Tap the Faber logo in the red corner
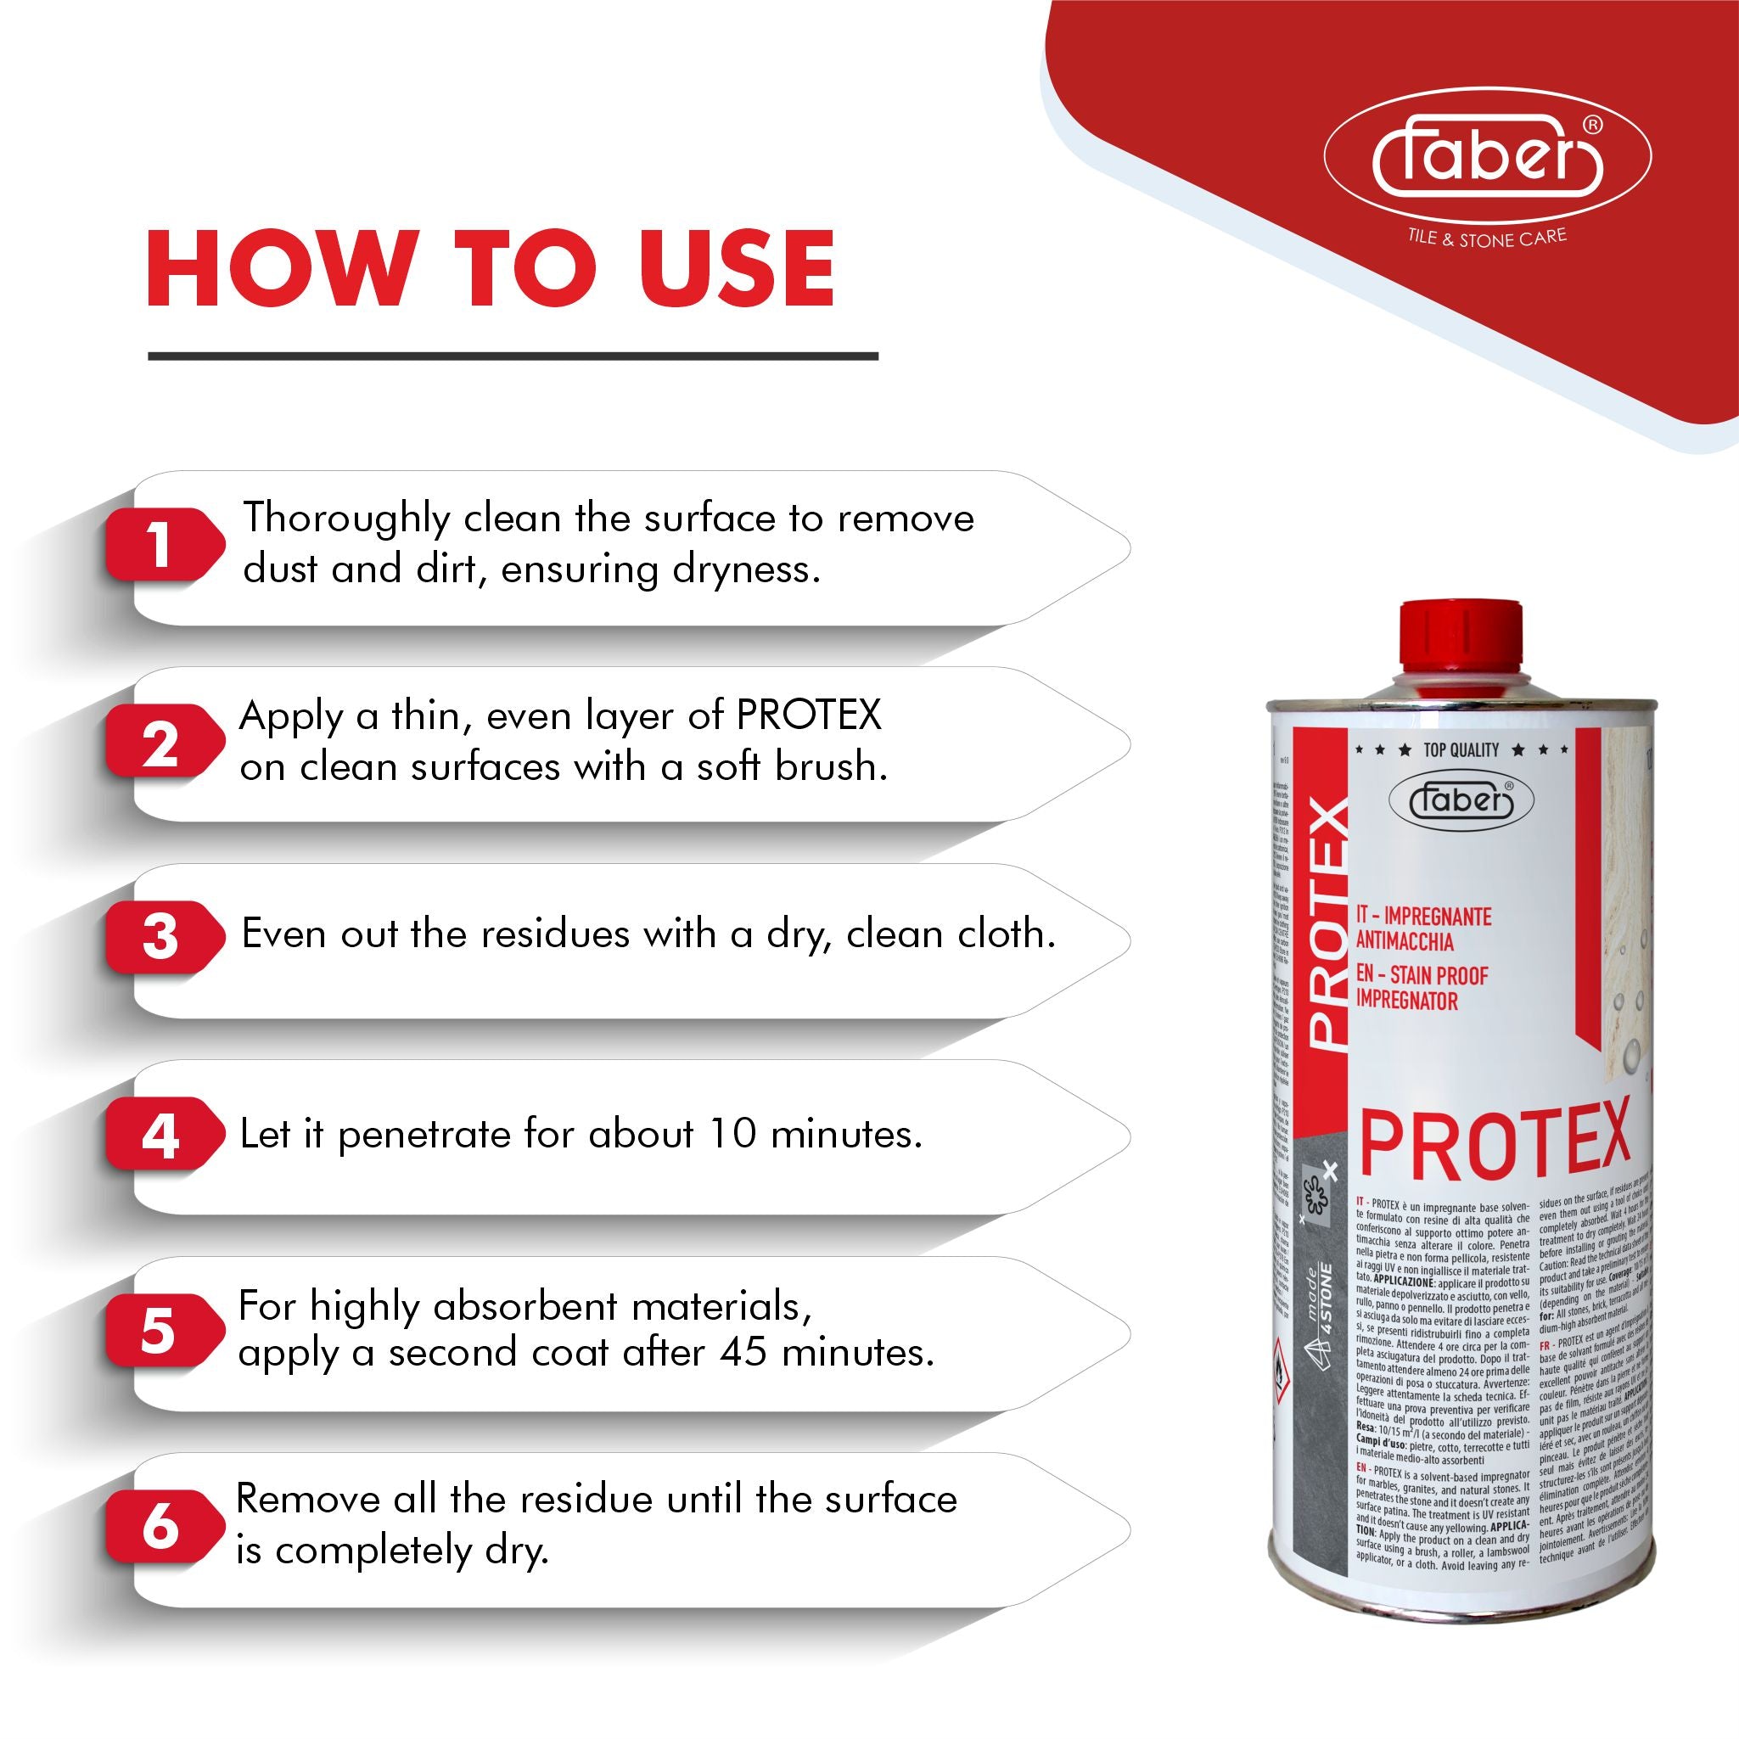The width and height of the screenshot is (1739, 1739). (1487, 159)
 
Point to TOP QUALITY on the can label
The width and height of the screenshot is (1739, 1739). (1461, 749)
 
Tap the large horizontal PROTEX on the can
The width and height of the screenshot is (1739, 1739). (1495, 1144)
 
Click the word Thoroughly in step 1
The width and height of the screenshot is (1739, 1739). (345, 519)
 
